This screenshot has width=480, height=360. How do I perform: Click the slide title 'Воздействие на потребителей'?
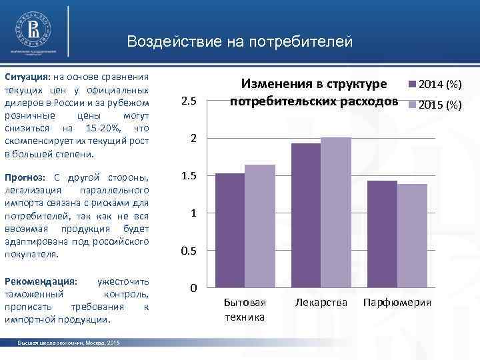point(239,42)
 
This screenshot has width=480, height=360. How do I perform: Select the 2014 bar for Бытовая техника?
point(229,230)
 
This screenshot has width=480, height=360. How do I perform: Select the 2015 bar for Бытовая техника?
point(259,226)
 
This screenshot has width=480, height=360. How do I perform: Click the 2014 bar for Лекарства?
point(305,215)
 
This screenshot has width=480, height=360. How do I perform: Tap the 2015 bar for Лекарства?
point(335,212)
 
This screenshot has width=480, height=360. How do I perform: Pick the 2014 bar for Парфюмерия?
point(381,234)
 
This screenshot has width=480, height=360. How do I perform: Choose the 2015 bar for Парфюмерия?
point(411,235)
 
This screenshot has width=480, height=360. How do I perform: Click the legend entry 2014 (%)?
point(434,85)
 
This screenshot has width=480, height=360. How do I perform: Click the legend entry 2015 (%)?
point(434,105)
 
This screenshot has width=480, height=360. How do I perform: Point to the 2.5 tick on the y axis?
point(189,101)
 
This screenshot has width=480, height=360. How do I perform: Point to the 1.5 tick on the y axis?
point(189,176)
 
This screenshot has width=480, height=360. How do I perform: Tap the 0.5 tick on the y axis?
point(189,251)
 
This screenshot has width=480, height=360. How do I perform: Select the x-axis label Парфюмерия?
point(397,303)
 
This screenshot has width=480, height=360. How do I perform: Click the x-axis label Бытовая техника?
point(244,309)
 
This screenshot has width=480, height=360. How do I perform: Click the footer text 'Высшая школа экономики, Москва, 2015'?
point(69,342)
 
